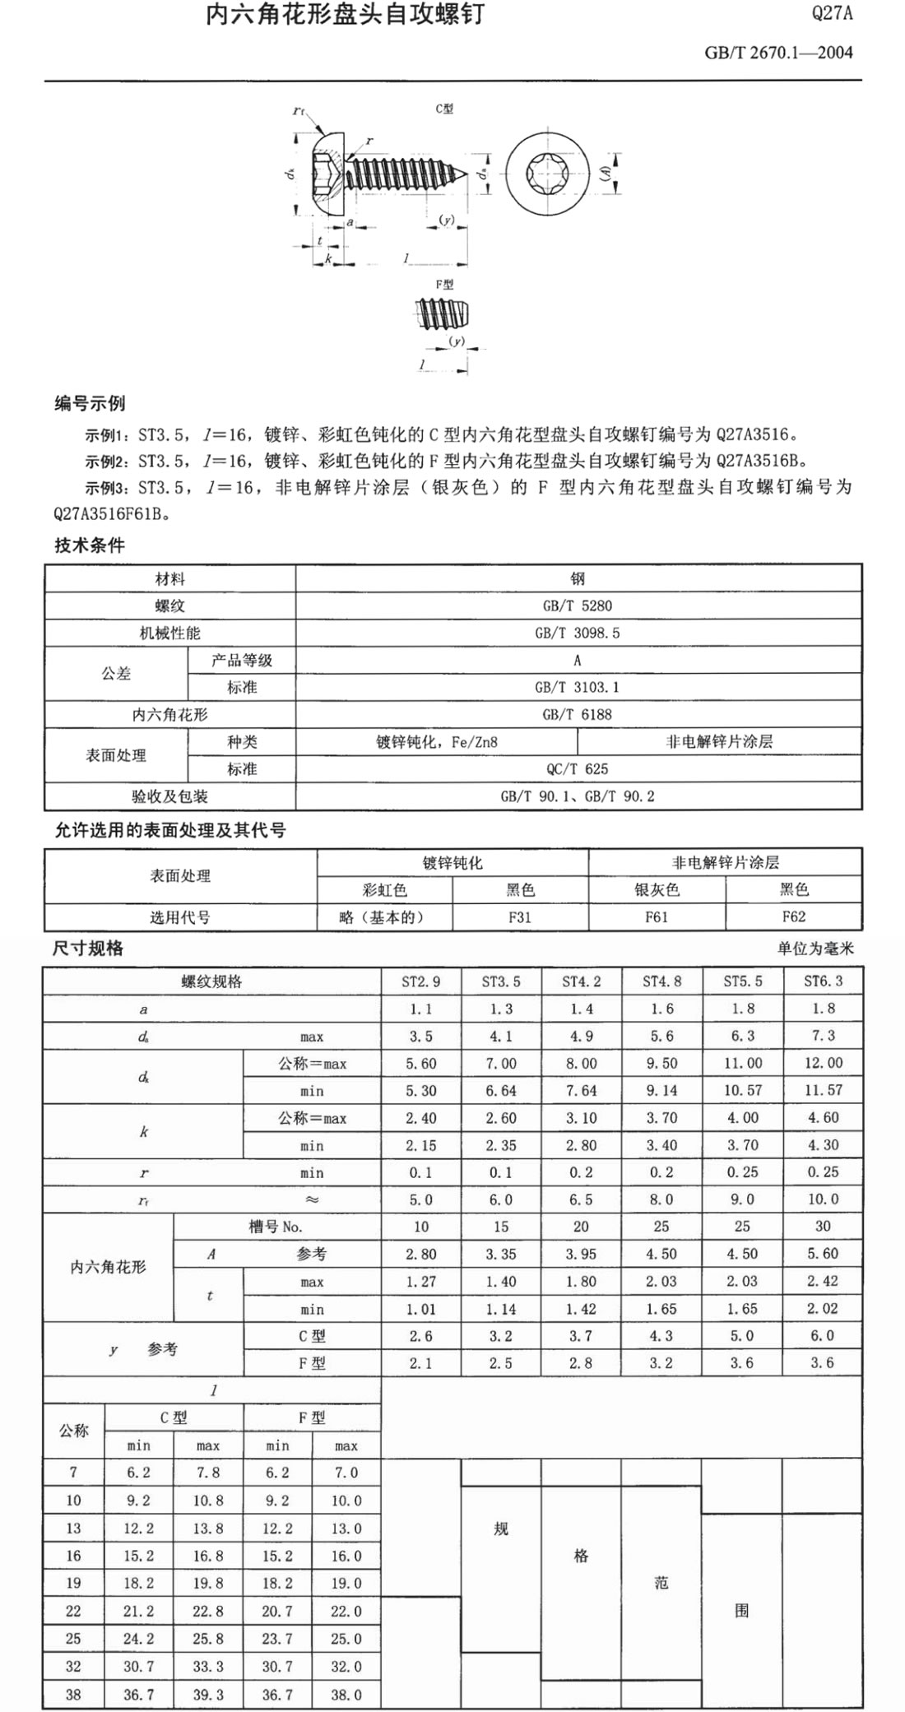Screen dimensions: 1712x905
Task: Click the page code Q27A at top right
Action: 832,14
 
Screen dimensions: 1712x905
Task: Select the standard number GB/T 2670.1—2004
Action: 778,53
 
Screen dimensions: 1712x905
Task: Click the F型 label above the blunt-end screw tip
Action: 444,285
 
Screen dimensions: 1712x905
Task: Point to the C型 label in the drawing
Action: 444,109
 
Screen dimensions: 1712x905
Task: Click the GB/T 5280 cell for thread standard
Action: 578,606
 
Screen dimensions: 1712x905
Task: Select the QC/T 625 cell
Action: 578,769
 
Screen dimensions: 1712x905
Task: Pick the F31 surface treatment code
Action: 520,916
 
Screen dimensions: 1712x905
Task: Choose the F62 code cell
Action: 793,916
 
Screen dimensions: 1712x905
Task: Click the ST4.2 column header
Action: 581,981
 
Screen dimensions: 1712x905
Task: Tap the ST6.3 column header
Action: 823,981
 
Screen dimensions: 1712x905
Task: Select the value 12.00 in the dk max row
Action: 823,1063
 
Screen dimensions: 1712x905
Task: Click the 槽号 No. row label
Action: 276,1227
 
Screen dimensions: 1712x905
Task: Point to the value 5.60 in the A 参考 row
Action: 823,1254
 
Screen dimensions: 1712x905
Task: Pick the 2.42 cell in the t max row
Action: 823,1281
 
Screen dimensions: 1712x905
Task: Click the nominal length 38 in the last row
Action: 73,1695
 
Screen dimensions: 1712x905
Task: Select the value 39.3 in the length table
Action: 207,1695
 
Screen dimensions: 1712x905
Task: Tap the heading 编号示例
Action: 90,404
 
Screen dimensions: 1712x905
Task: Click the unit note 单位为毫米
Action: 815,949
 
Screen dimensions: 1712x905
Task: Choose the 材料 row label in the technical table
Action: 169,579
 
